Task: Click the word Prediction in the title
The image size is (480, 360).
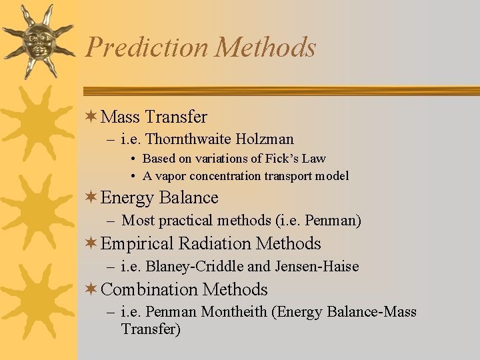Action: (x=147, y=47)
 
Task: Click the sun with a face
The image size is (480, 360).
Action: (x=38, y=39)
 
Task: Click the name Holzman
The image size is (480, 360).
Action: (x=267, y=139)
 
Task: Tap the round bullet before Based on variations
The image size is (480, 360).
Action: (x=134, y=159)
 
